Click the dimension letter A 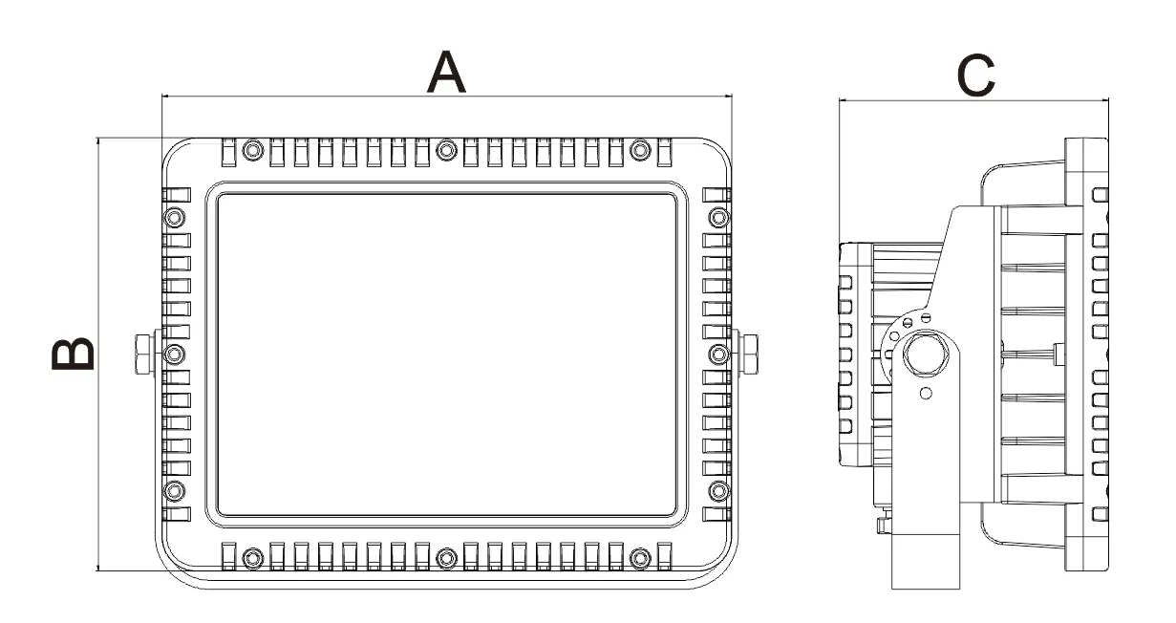446,73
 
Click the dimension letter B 74,354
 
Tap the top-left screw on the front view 251,150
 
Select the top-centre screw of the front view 446,150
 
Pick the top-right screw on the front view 641,150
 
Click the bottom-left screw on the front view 251,556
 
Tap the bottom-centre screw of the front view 446,556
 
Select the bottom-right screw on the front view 641,556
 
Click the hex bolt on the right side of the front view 748,354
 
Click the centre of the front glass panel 446,354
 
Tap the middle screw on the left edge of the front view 173,354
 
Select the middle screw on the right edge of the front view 718,354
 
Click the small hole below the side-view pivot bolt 925,394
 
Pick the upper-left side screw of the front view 173,217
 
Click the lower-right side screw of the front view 718,490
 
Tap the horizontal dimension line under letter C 974,99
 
